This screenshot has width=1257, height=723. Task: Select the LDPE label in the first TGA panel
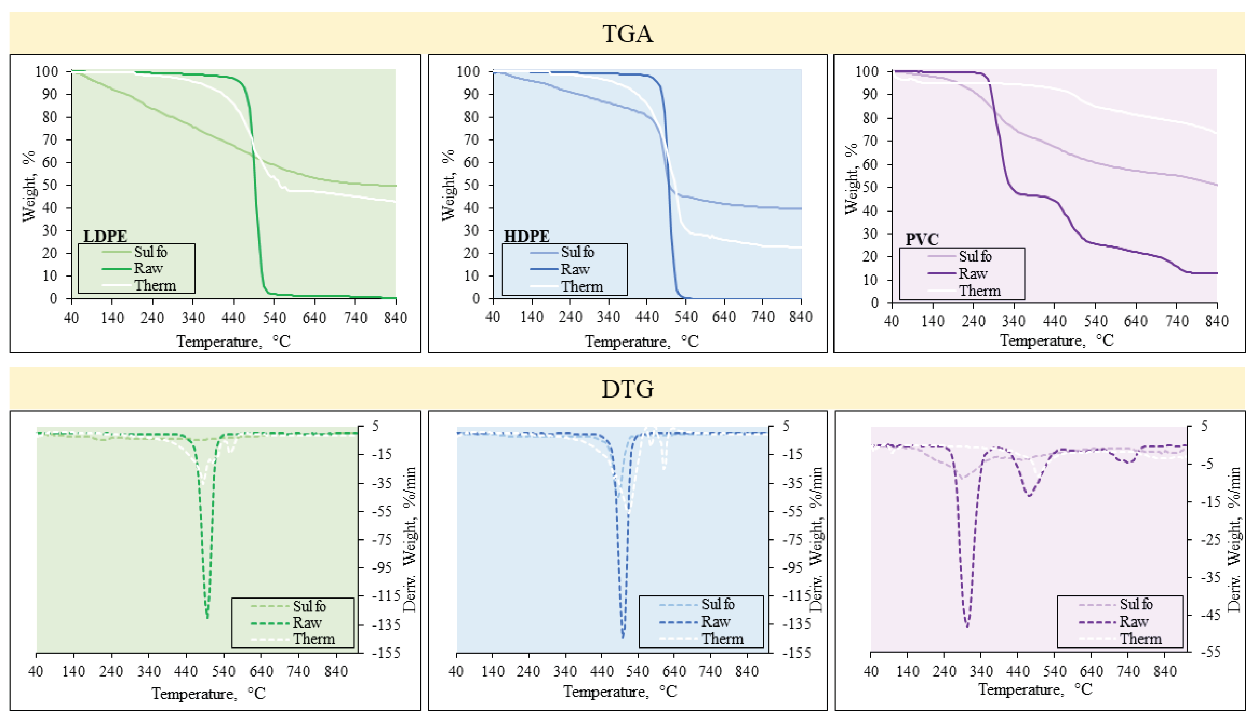[105, 236]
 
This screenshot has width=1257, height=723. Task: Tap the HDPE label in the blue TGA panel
[526, 236]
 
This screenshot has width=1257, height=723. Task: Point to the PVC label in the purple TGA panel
[922, 239]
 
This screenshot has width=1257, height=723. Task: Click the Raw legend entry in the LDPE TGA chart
[148, 269]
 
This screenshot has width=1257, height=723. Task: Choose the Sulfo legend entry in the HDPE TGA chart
[577, 252]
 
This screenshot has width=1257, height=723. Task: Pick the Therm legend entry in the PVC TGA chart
[979, 291]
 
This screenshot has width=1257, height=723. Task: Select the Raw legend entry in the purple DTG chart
[1133, 622]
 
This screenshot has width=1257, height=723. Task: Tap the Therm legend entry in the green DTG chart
[313, 639]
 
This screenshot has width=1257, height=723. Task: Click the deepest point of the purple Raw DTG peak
[966, 627]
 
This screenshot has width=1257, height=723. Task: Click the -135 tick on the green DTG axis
[385, 624]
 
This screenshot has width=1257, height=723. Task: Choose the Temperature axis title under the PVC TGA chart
[1056, 341]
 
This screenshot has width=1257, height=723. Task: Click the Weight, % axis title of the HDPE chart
[448, 185]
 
